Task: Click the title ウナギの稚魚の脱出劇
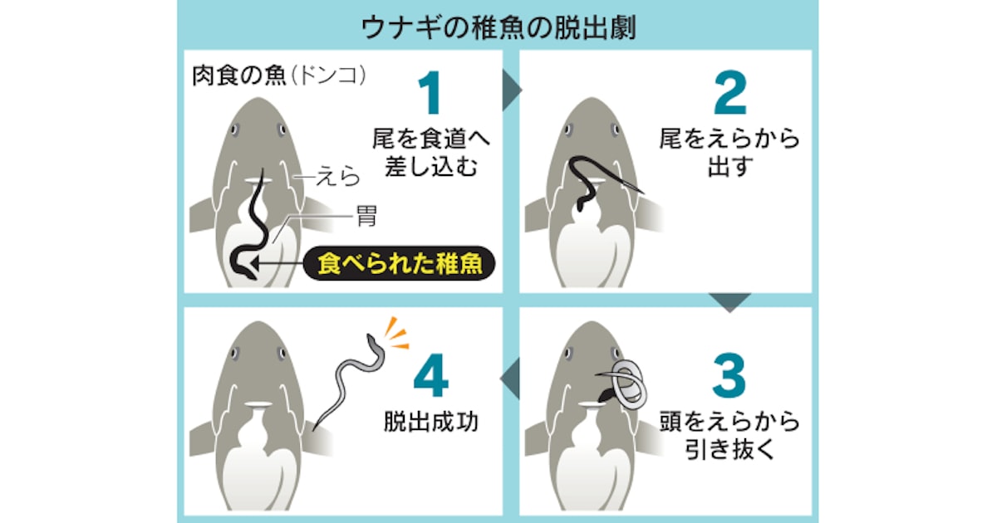498,27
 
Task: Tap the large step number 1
430,93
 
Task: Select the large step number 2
730,93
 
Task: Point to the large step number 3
729,376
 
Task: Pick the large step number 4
430,376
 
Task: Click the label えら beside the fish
337,177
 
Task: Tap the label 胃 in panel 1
366,216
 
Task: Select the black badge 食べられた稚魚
399,263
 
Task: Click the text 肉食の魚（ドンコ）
279,76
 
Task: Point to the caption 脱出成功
431,421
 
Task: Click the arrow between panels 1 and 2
512,90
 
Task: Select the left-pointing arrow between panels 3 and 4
510,379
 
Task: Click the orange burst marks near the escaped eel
396,334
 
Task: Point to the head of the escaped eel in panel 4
371,340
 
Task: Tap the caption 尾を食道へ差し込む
431,153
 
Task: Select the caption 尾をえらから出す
729,153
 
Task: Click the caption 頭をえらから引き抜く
729,435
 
